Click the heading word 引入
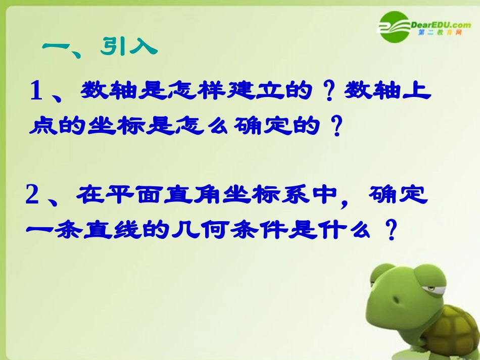tap(129, 47)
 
